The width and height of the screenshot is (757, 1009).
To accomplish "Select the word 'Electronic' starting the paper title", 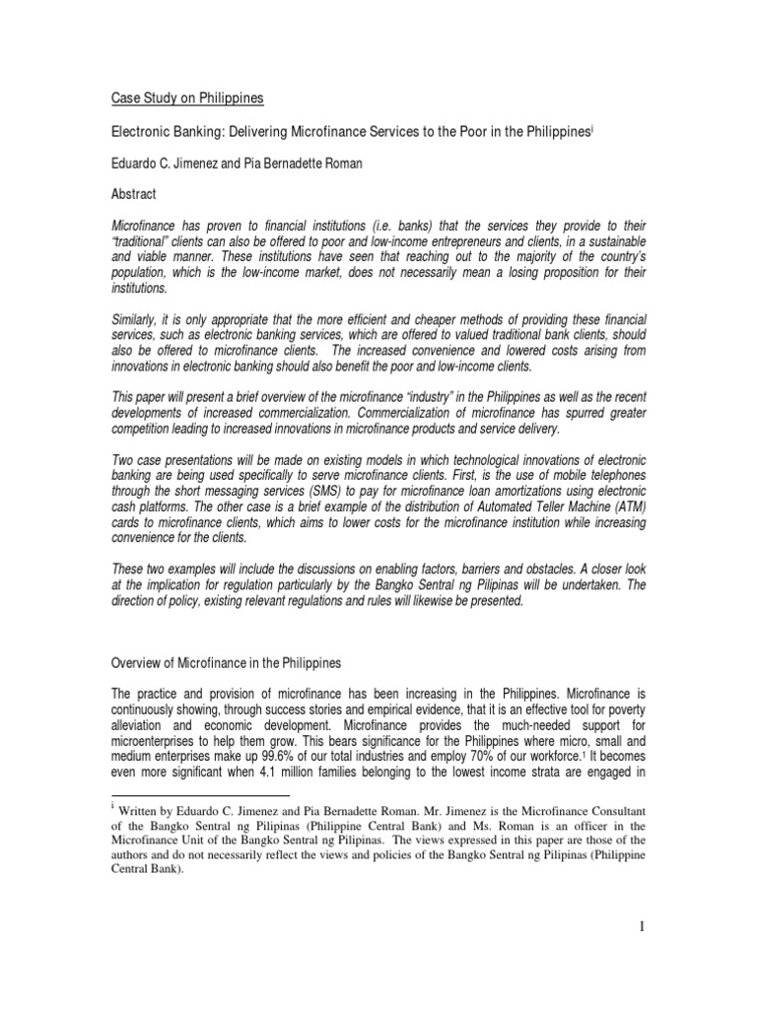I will [140, 132].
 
